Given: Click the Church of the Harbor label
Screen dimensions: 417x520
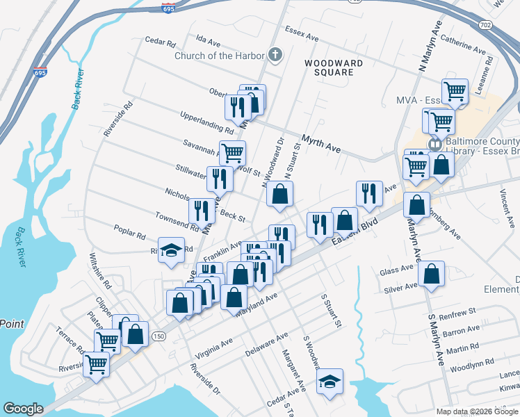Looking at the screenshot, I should (220, 56).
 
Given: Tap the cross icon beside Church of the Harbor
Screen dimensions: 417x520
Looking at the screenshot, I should (275, 56).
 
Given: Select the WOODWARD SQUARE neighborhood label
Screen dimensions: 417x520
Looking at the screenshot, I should (334, 67).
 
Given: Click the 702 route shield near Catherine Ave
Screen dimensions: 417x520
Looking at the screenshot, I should (486, 25).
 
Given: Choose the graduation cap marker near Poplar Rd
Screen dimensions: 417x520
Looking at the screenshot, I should (171, 251).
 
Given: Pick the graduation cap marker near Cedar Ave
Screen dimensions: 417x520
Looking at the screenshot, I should (330, 381).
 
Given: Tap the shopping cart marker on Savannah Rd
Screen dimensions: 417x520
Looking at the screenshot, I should (232, 152).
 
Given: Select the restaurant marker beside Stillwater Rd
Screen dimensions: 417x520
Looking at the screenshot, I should (220, 177).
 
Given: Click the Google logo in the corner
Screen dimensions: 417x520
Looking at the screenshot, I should (23, 409).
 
